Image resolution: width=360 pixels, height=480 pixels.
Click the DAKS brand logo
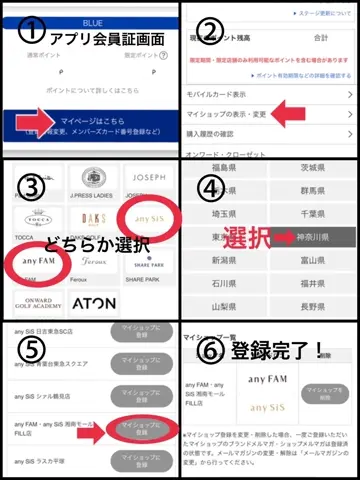coord(90,215)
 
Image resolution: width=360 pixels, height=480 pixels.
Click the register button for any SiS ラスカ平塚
coord(144,465)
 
